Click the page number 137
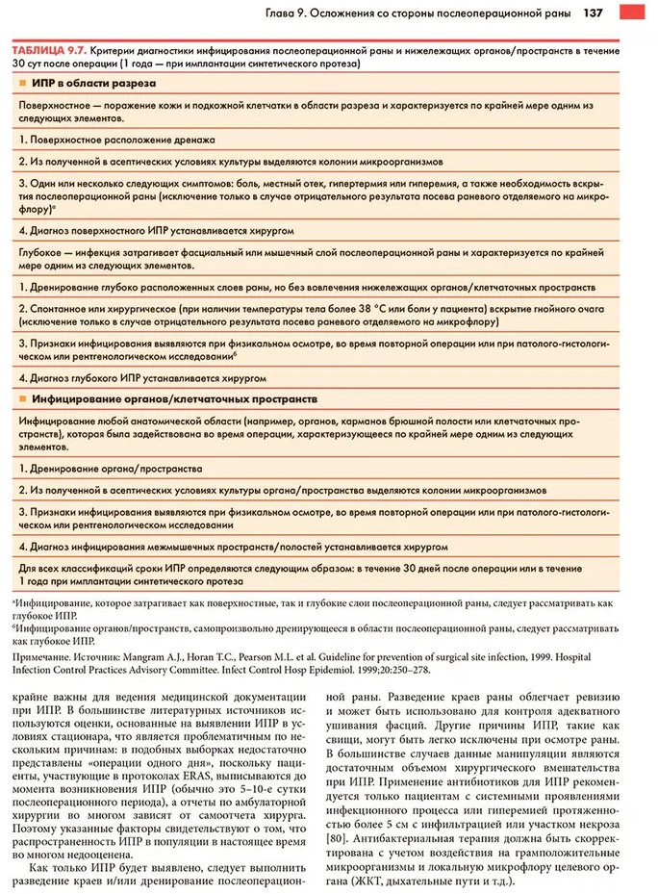point(593,13)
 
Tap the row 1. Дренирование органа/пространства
point(111,469)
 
